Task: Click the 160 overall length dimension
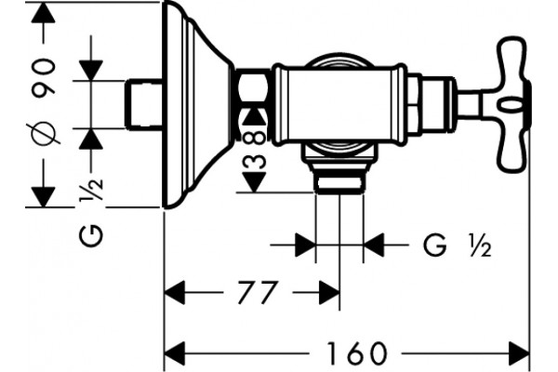356,353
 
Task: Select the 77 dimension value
258,292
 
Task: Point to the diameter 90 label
43,102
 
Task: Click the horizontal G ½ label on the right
458,246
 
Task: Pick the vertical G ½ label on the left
91,211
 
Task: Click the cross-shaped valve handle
512,105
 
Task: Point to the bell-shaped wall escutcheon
198,105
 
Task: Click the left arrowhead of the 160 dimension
175,353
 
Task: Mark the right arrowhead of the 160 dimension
519,353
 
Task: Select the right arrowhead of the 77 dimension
329,292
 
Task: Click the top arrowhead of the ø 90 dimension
43,13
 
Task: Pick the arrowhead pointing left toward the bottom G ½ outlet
374,245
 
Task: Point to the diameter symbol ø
44,132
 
